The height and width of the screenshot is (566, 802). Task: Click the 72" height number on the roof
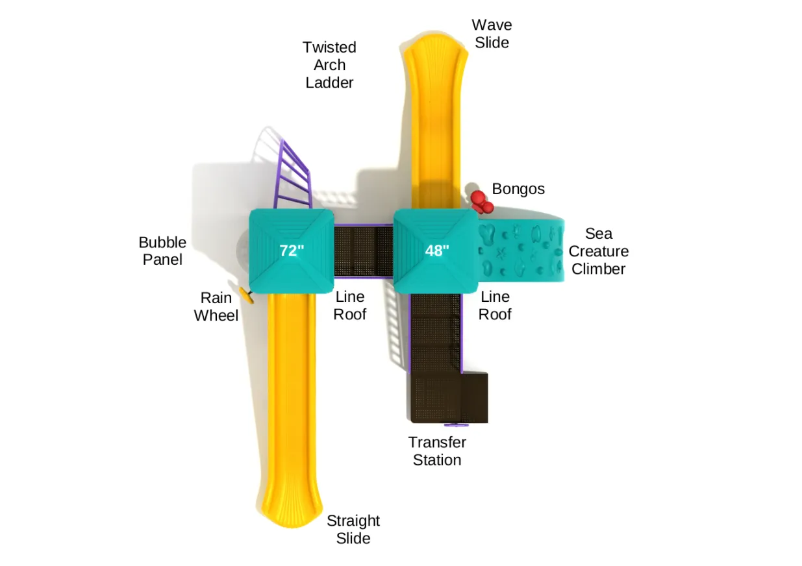[292, 251]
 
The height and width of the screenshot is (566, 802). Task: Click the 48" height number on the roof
[437, 251]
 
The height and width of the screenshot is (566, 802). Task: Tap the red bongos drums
[482, 202]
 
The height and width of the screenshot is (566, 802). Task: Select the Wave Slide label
[492, 34]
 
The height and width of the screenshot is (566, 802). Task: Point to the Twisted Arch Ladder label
[329, 65]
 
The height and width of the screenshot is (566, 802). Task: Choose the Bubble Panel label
[162, 251]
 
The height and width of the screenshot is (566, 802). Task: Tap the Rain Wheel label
[216, 306]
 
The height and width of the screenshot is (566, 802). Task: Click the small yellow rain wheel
[247, 295]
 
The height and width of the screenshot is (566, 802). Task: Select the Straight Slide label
[353, 530]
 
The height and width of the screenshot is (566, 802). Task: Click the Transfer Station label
[437, 451]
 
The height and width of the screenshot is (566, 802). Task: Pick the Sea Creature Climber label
[598, 251]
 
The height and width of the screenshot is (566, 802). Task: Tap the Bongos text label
[518, 189]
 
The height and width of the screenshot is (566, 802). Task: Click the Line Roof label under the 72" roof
[350, 306]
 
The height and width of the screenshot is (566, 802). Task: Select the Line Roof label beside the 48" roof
[495, 306]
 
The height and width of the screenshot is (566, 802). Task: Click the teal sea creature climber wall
[521, 251]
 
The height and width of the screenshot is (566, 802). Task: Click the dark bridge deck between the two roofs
[364, 251]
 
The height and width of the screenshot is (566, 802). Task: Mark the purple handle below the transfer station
[456, 425]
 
